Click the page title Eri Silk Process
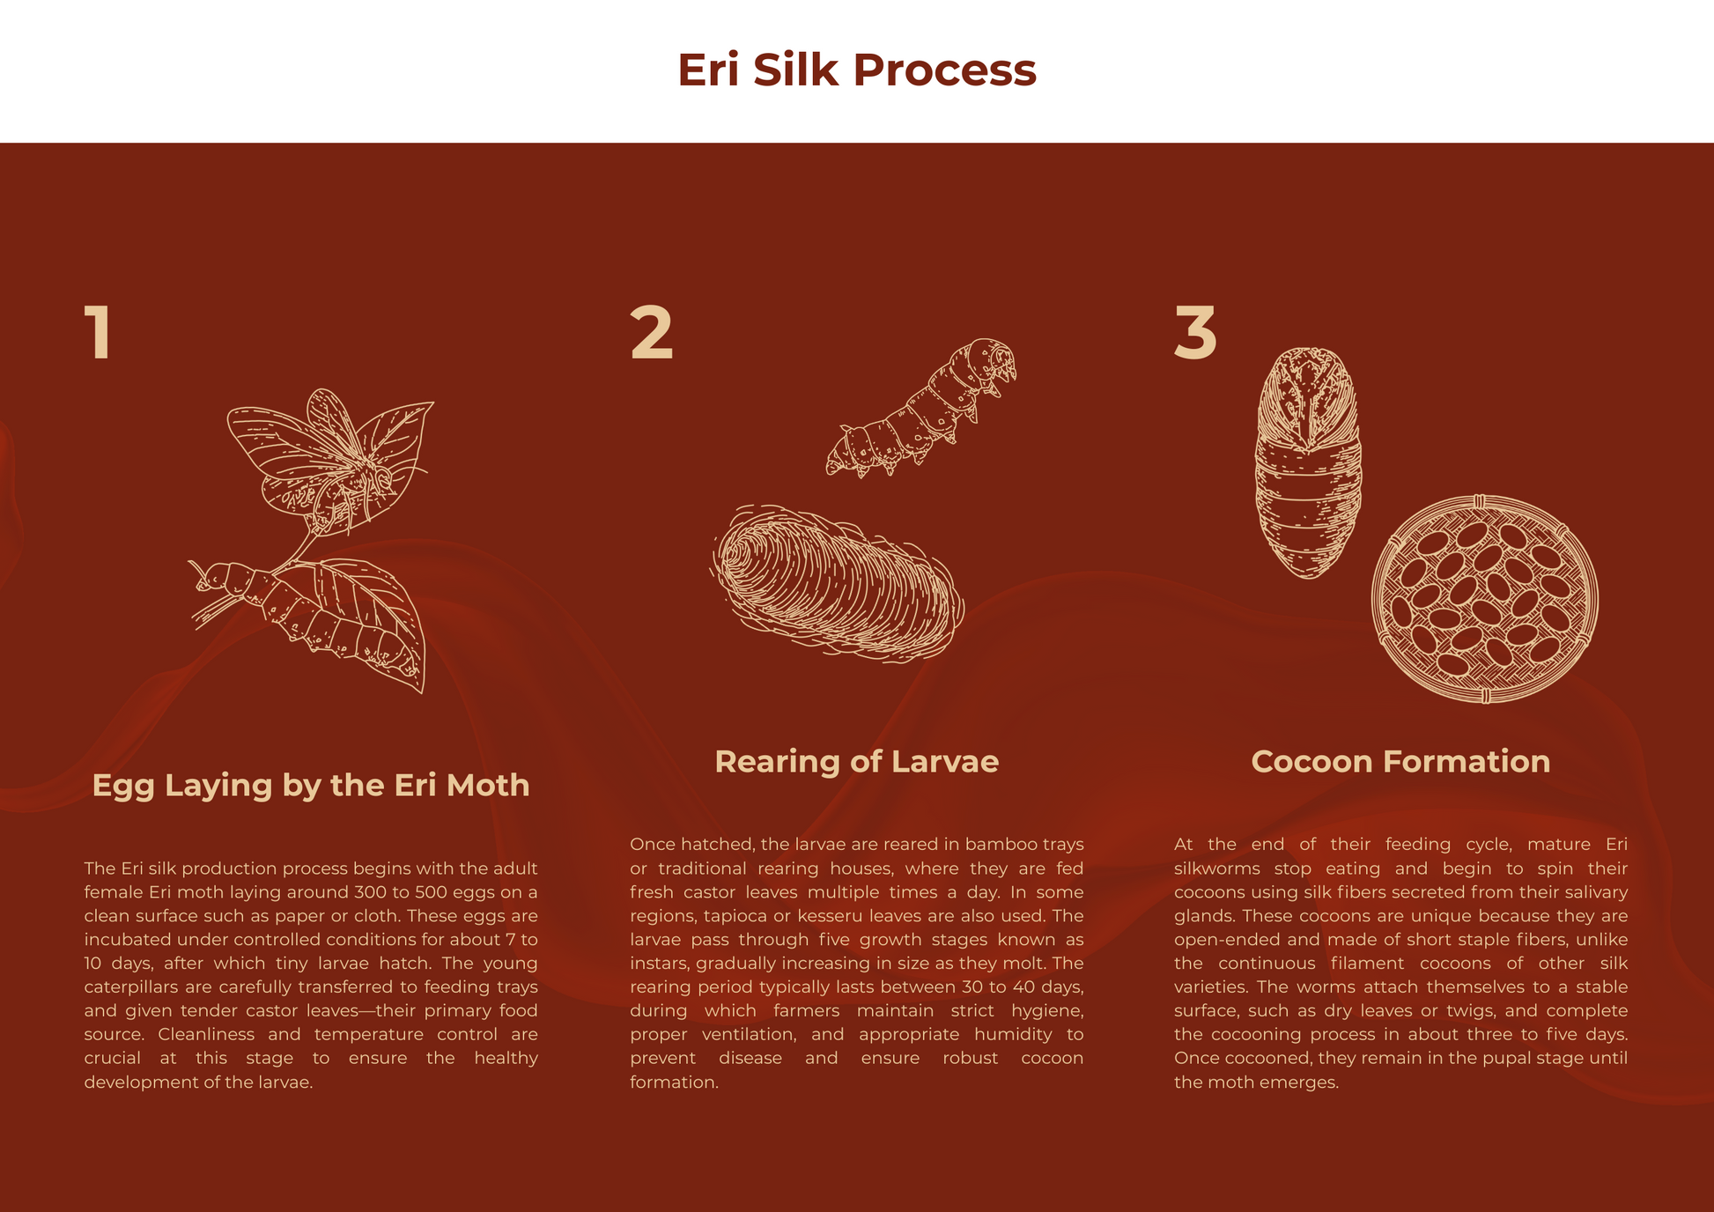tap(856, 70)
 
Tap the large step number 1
tap(98, 332)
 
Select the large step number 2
tap(652, 332)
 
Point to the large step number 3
tap(1196, 332)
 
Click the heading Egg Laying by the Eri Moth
tap(311, 785)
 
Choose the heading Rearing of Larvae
tap(856, 761)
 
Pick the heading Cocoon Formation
tap(1400, 761)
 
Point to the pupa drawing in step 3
tap(1309, 462)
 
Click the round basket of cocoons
tap(1485, 599)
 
